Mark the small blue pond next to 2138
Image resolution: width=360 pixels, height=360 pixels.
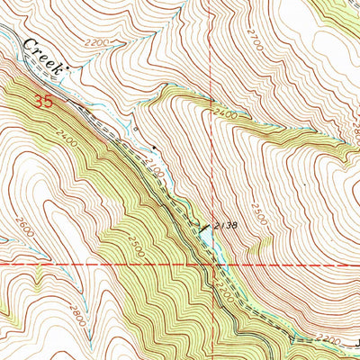click(206, 233)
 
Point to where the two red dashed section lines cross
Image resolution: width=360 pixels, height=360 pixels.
click(214, 264)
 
